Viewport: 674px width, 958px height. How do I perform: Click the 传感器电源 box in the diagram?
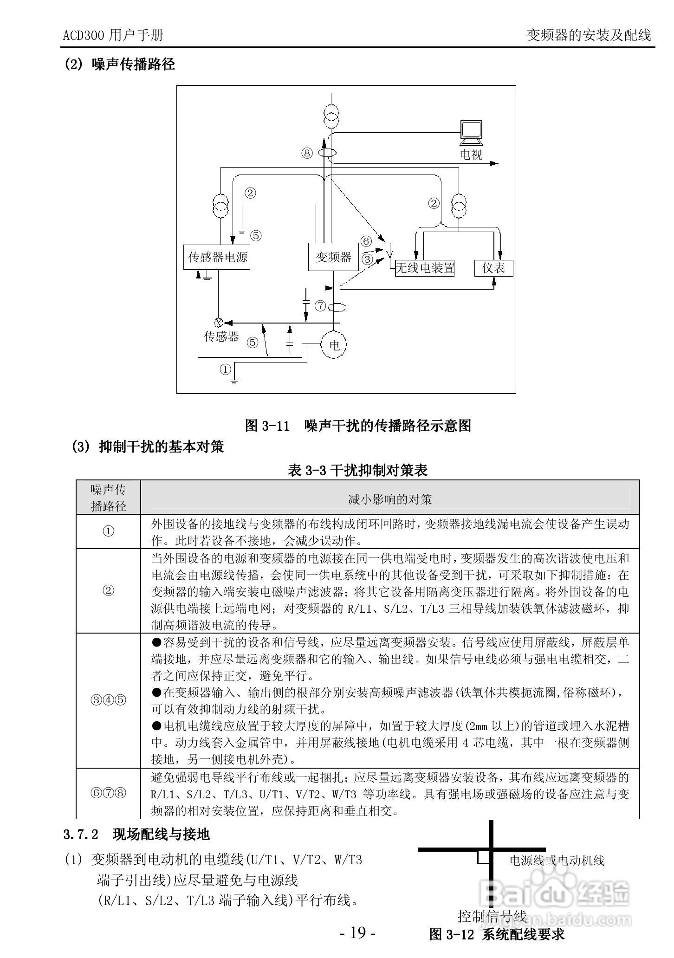pos(217,257)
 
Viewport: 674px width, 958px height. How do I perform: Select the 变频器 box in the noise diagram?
pos(333,257)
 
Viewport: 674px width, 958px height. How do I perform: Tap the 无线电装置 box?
pos(424,268)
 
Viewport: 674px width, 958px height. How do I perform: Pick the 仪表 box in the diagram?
pos(493,268)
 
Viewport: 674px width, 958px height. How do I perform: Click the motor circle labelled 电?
pos(334,345)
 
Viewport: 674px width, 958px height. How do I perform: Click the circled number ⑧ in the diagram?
pos(307,153)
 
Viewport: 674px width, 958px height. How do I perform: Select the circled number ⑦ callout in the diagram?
pos(320,306)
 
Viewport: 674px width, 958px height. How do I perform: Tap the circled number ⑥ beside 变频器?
pos(366,241)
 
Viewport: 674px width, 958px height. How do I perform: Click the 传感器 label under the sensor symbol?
pos(221,337)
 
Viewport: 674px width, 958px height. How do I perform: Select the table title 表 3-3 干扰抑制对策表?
pos(357,470)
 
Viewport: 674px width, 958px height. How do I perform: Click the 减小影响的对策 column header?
pos(390,499)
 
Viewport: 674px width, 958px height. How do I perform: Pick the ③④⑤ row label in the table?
pos(108,700)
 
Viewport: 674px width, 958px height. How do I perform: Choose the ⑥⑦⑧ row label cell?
pos(108,793)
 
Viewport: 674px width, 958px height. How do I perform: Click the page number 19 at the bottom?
pos(357,932)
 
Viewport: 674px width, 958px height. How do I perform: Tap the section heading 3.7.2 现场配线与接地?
pos(136,835)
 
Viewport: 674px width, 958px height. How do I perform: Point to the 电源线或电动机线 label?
pos(557,861)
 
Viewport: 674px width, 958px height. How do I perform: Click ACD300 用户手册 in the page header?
pos(113,35)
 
